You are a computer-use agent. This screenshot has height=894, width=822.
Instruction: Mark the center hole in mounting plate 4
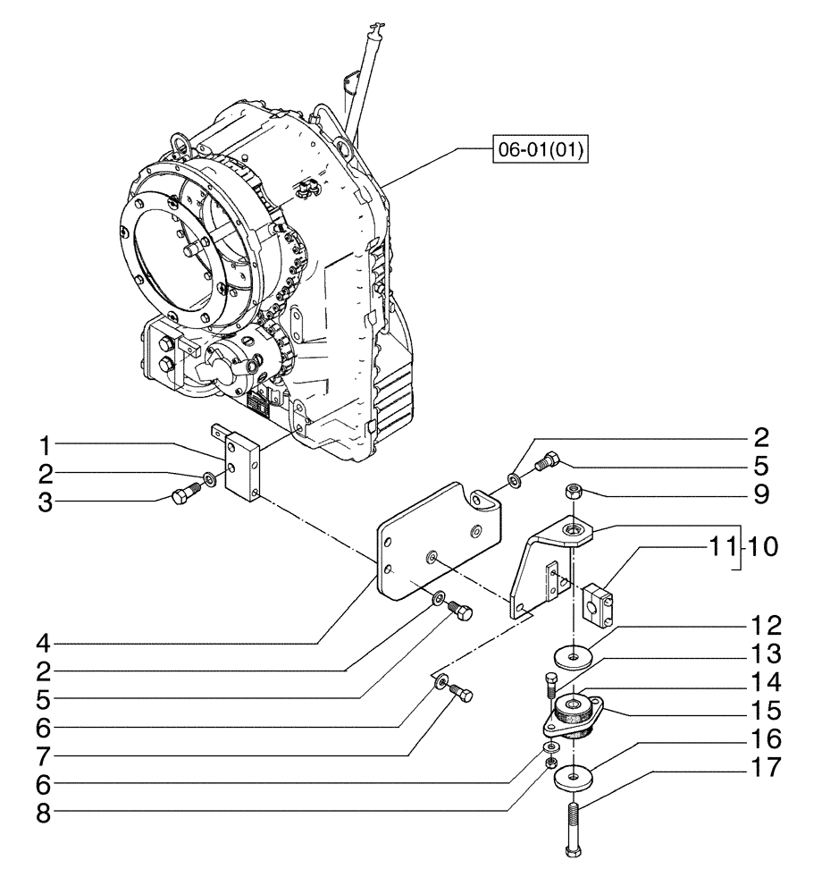tap(432, 557)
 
